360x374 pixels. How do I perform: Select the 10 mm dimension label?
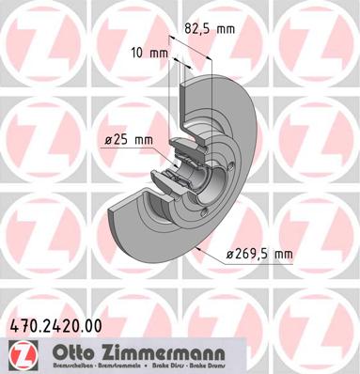click(150, 54)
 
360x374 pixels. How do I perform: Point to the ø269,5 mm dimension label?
click(258, 253)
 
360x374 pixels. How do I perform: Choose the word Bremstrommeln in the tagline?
click(111, 366)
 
